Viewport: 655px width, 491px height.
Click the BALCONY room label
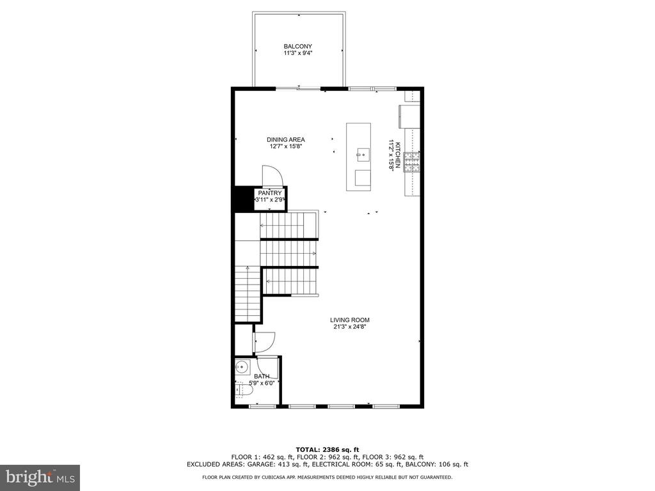[x=297, y=46]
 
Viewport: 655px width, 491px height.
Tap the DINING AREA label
[x=286, y=139]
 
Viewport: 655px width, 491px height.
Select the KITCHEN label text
[x=398, y=155]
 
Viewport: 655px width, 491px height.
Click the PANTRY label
[x=270, y=193]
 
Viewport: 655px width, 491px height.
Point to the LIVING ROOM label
[x=350, y=320]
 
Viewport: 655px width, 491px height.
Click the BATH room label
[x=262, y=376]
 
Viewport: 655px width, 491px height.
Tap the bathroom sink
[x=242, y=368]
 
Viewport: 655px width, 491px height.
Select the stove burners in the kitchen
[x=413, y=162]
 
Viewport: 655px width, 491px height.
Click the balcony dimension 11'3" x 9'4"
[x=298, y=53]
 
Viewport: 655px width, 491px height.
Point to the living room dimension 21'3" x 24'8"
[x=350, y=327]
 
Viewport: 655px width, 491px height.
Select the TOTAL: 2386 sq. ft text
[x=327, y=449]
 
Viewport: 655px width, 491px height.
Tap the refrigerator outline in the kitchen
[x=409, y=116]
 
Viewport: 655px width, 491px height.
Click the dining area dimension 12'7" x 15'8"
[x=286, y=146]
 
